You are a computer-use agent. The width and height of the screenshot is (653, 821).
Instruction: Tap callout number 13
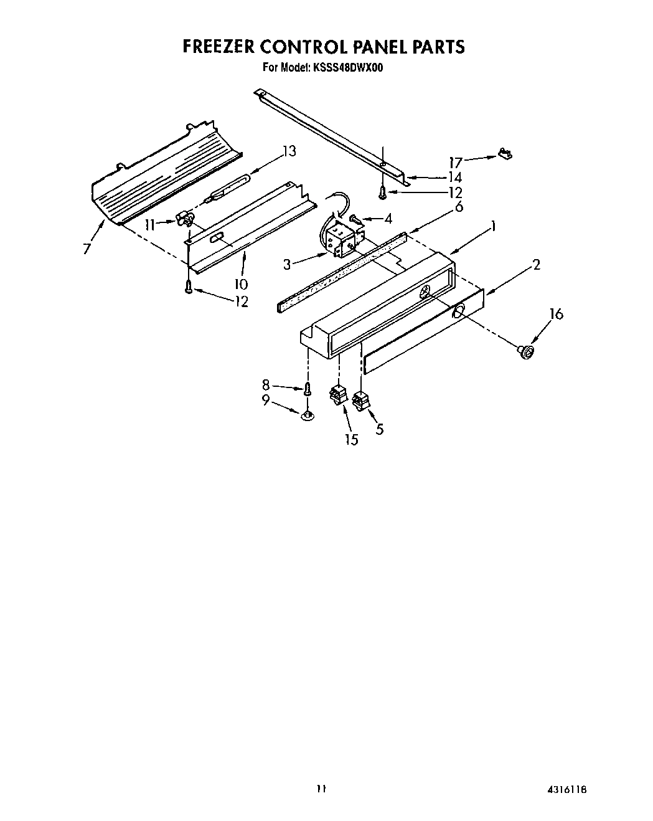click(288, 151)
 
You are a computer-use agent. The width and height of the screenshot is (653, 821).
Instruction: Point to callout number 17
click(456, 163)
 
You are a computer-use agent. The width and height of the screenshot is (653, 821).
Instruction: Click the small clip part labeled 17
click(505, 153)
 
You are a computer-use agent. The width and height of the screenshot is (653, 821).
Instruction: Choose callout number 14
click(455, 178)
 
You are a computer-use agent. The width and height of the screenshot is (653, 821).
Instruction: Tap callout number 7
click(87, 249)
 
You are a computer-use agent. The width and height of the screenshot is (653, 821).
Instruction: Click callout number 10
click(241, 285)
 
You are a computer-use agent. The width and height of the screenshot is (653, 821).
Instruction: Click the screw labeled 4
click(355, 219)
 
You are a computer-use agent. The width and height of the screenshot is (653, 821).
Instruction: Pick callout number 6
click(459, 207)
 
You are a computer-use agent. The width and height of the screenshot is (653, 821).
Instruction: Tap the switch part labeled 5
click(360, 400)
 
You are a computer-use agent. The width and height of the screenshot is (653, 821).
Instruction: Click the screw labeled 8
click(307, 389)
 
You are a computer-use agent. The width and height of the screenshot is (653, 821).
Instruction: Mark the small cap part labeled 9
click(307, 415)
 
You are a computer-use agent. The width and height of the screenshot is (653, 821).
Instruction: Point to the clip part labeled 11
click(184, 219)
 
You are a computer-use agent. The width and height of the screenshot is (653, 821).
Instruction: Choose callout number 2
click(536, 265)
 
